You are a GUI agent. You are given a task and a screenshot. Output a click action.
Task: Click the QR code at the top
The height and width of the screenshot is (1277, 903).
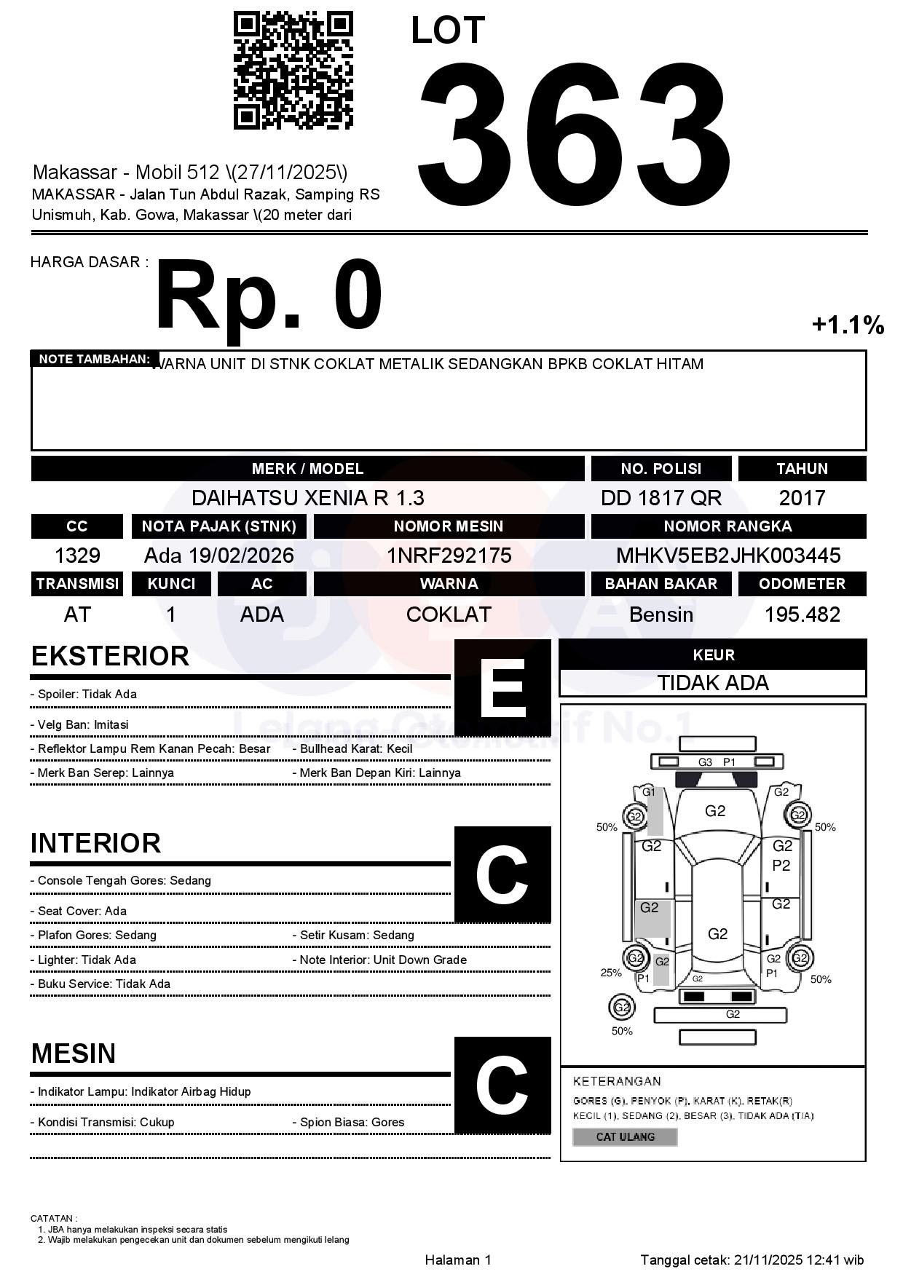(293, 71)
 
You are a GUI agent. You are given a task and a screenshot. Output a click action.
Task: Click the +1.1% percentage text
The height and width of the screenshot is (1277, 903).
(848, 325)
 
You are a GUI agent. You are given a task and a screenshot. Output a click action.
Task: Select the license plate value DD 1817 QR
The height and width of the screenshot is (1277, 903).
(661, 498)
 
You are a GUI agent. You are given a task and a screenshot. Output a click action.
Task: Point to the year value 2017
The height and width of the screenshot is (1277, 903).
(802, 498)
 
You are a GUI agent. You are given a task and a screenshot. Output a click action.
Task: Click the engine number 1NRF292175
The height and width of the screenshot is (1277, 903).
(449, 556)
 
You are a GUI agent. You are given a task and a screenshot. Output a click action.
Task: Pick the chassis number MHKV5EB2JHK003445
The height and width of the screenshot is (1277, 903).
(728, 556)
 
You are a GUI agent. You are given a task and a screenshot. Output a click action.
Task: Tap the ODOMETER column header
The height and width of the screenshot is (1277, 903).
(802, 584)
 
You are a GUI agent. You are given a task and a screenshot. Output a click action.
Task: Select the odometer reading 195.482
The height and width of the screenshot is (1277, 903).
(802, 614)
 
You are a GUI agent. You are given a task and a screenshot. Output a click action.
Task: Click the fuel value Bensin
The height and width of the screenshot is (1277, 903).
(661, 614)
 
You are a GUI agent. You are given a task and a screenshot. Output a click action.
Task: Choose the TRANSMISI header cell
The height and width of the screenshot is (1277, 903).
(77, 584)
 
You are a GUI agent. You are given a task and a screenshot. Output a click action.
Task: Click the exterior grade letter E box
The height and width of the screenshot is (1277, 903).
(502, 688)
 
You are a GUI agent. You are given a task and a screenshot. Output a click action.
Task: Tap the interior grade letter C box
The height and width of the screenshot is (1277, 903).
(502, 874)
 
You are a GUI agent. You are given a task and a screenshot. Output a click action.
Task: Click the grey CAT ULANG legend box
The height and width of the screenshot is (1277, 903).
(625, 1136)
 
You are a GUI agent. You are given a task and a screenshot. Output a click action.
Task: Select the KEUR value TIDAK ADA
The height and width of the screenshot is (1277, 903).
(713, 683)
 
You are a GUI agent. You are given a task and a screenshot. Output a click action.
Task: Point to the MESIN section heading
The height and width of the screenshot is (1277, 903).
(74, 1053)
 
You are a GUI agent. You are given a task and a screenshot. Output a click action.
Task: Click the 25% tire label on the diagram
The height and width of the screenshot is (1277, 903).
(611, 973)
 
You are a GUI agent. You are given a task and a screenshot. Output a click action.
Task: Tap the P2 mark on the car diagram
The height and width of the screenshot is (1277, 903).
(781, 866)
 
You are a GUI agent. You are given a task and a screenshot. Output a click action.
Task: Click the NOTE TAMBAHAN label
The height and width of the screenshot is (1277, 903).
(95, 359)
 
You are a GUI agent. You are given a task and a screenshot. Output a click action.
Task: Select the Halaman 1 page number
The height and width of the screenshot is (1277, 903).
(458, 1260)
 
